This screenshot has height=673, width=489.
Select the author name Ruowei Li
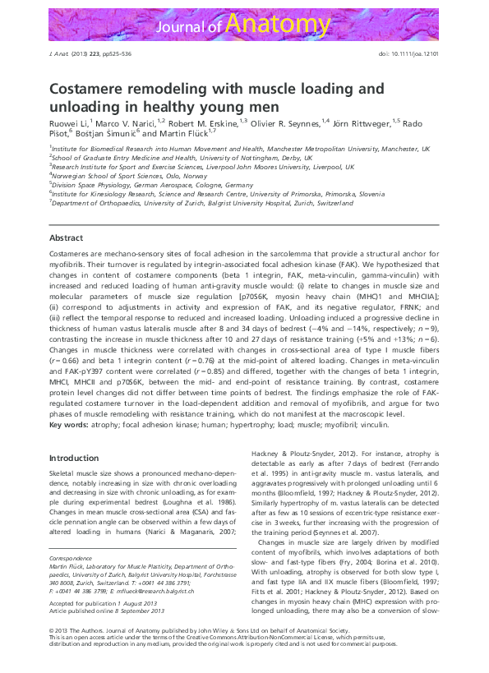pyautogui.click(x=70, y=122)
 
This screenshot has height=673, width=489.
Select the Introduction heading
pyautogui.click(x=74, y=458)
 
